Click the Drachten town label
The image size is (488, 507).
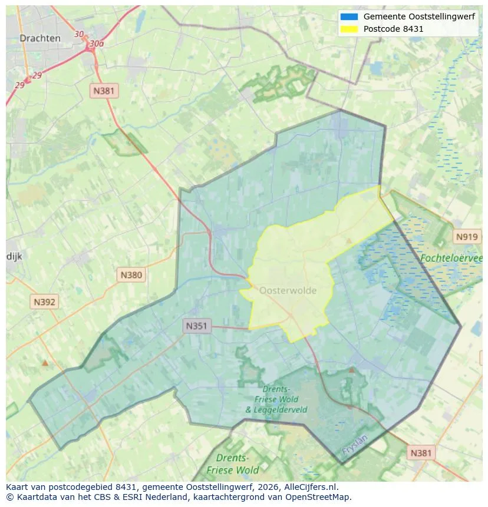[39, 38]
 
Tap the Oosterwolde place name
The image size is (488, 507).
[288, 290]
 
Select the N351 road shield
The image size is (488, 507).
[197, 326]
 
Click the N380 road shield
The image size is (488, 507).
[131, 274]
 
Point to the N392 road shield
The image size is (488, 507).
[45, 302]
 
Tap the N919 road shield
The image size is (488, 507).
[467, 237]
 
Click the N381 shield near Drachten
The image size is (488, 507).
[104, 90]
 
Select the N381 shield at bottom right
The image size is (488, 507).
[421, 452]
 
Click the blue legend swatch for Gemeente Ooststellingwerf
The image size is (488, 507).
[349, 16]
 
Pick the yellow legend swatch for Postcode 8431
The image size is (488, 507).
[349, 29]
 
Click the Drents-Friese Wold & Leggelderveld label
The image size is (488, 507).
[276, 399]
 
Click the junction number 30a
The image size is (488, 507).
[97, 44]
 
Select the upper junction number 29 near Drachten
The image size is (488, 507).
[37, 75]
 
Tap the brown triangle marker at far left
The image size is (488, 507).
[45, 363]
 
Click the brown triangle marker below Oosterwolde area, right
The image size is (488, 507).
[351, 370]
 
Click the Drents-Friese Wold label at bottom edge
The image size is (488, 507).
[232, 464]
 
